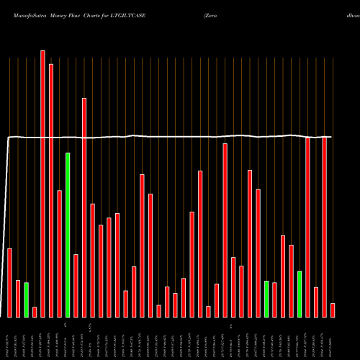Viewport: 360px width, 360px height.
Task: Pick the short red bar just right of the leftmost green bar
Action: (x=35, y=312)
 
